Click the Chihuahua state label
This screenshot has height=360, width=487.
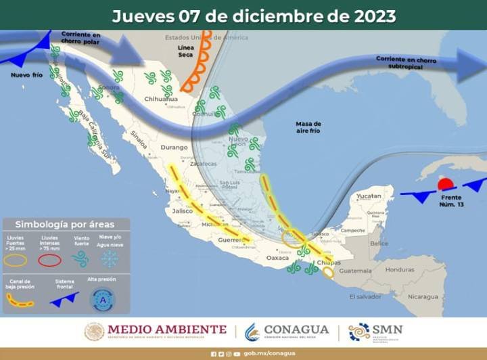(161, 99)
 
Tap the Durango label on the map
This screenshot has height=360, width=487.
(174, 147)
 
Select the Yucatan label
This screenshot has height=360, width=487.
(369, 196)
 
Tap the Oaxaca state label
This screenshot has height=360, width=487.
(277, 258)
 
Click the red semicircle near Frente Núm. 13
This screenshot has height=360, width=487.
(445, 183)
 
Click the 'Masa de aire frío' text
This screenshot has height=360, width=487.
(308, 127)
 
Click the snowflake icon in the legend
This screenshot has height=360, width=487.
(108, 259)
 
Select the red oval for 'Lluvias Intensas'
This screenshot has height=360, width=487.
(49, 260)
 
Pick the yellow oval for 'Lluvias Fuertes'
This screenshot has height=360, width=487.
(16, 260)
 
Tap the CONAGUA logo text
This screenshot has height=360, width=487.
(296, 330)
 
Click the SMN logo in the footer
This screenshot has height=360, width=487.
(376, 331)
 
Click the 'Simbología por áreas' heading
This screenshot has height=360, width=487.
(65, 224)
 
